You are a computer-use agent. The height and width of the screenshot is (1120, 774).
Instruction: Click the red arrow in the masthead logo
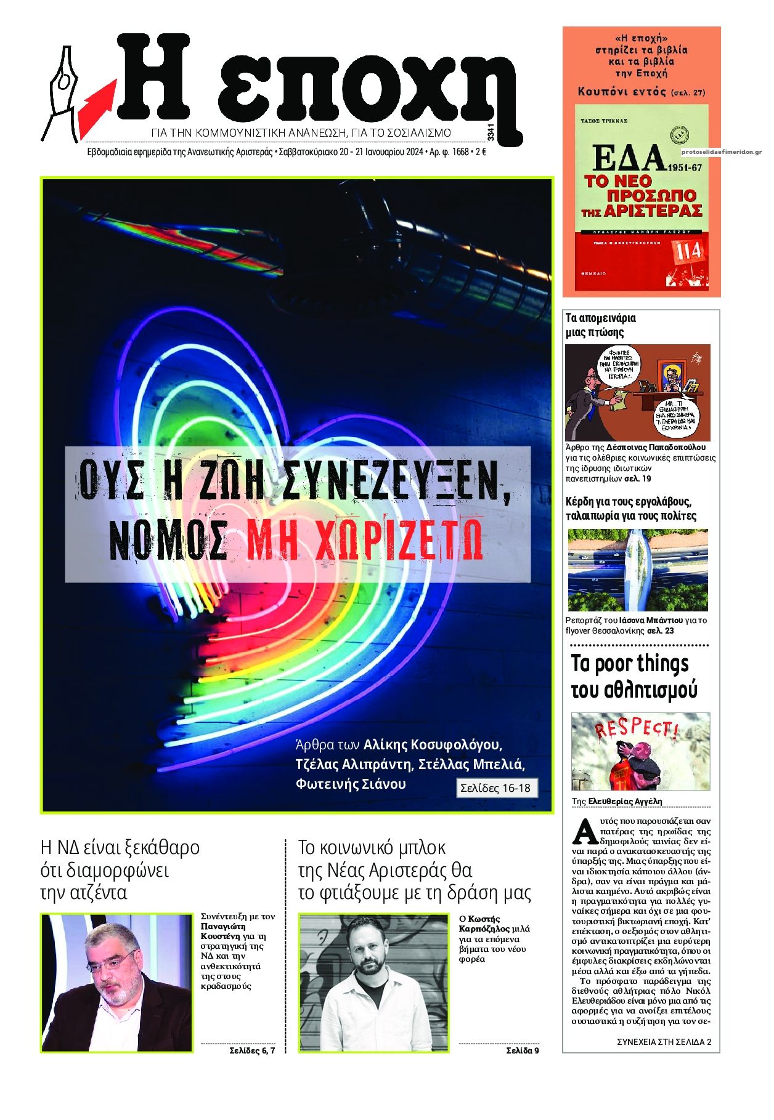coord(97,98)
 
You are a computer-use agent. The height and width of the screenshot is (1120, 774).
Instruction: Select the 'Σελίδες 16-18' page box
coord(496,788)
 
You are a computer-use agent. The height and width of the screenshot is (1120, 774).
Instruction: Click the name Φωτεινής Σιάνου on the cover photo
coord(351,784)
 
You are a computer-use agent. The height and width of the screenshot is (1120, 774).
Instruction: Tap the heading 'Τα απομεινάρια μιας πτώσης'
coord(600,325)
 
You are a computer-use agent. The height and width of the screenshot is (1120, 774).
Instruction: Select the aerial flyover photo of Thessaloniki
coord(637,570)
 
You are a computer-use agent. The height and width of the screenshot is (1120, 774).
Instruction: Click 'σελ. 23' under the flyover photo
coord(660,631)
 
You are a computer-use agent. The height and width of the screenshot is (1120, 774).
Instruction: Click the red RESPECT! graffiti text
coord(635,729)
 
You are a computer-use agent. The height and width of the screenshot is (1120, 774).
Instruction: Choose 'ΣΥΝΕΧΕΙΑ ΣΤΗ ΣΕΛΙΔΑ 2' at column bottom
coord(663,1042)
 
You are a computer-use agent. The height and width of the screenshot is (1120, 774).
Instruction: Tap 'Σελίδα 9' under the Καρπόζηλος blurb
coord(522,1050)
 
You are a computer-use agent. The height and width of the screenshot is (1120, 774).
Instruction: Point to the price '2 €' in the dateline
coord(480,152)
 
